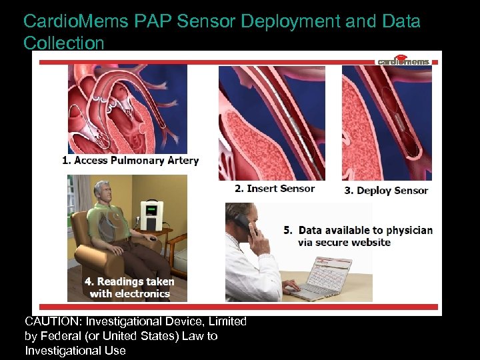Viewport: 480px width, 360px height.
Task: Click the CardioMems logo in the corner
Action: point(403,61)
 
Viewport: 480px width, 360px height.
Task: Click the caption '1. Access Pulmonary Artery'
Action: point(130,161)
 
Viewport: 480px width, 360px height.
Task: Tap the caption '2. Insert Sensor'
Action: point(274,189)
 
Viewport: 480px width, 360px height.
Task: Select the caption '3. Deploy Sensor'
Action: point(386,191)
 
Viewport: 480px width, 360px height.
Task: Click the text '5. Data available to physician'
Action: point(358,231)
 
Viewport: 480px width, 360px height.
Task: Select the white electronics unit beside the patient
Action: point(153,212)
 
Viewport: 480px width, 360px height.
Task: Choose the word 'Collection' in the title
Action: point(64,43)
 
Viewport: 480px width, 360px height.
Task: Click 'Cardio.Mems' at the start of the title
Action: point(75,21)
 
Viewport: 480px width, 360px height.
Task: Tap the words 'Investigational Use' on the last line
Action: point(75,351)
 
